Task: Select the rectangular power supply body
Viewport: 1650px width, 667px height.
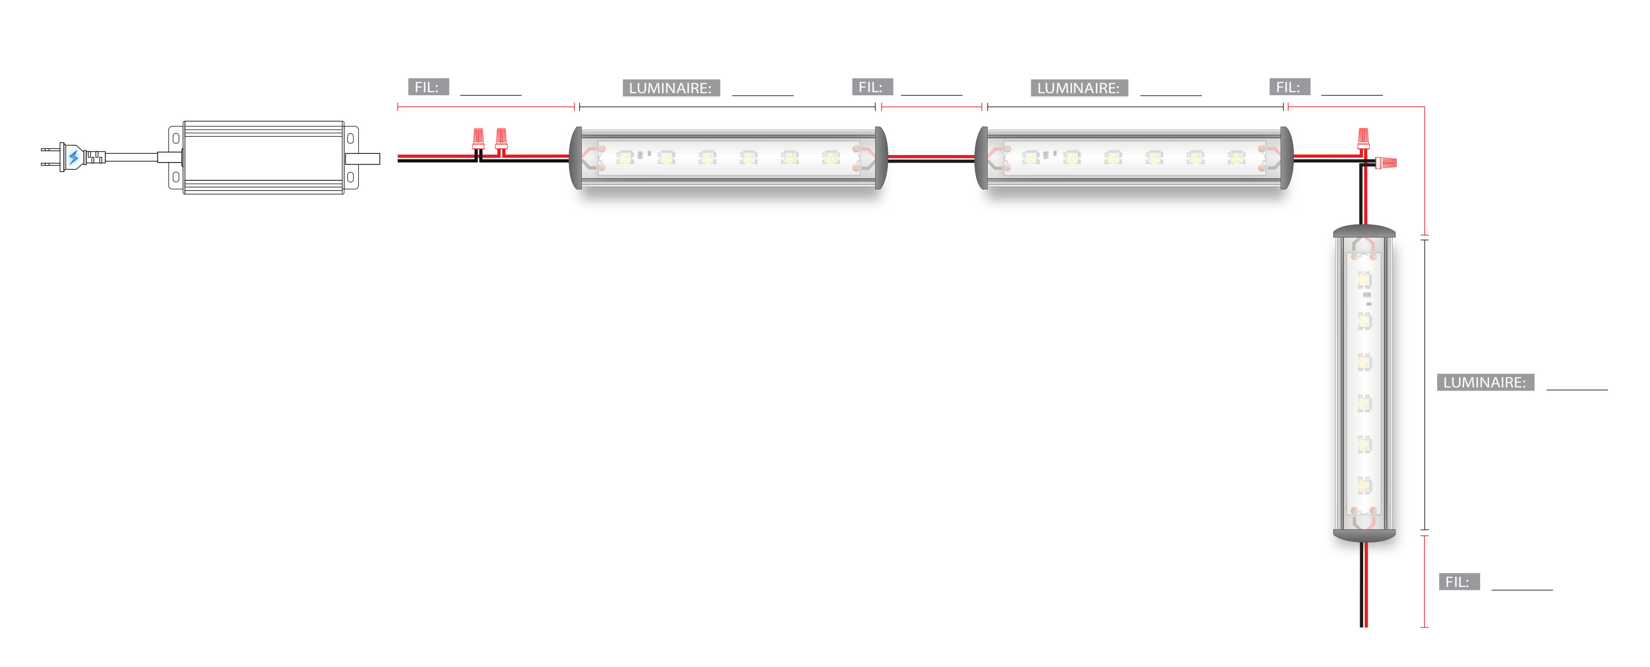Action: (x=263, y=158)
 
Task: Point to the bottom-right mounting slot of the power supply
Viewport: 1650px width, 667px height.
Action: (x=350, y=177)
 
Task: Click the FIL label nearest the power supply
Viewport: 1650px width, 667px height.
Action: (x=428, y=87)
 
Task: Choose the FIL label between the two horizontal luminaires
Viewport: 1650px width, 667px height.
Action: (x=872, y=87)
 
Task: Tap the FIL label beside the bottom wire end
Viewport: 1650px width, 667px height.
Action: (x=1458, y=582)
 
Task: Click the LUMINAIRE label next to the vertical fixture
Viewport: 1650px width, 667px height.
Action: (x=1485, y=382)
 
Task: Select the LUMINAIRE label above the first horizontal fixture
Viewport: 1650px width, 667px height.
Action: (x=670, y=88)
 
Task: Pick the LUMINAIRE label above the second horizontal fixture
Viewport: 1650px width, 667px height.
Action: (x=1079, y=88)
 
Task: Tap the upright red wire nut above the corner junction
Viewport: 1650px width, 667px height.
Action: (x=1364, y=138)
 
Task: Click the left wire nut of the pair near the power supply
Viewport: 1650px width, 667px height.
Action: (x=478, y=138)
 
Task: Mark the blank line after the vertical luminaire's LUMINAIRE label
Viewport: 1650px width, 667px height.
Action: (x=1577, y=387)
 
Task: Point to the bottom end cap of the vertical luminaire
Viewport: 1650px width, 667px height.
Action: (x=1364, y=534)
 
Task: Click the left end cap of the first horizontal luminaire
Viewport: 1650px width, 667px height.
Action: (x=576, y=158)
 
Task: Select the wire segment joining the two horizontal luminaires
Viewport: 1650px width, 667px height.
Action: (x=931, y=158)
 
